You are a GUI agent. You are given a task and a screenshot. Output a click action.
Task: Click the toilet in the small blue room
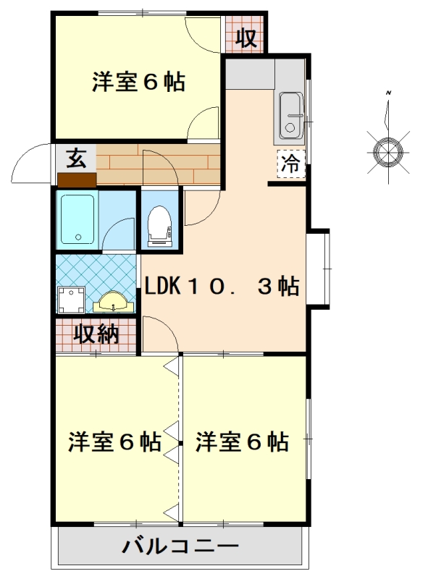(x=159, y=226)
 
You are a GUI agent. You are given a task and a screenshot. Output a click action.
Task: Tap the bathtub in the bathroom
(x=77, y=219)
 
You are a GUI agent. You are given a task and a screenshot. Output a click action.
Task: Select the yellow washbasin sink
(x=113, y=303)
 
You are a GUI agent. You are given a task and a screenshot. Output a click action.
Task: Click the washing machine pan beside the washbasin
(x=71, y=300)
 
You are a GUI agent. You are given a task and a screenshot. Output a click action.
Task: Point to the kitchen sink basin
(x=292, y=115)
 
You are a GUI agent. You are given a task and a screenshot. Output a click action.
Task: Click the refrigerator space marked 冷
(x=291, y=164)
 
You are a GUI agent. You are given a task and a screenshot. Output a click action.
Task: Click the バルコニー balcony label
(x=181, y=546)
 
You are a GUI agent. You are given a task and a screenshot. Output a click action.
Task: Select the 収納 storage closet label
(x=96, y=334)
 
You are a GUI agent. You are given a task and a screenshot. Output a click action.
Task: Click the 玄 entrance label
(x=76, y=159)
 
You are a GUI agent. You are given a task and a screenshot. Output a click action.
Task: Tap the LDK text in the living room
(x=162, y=285)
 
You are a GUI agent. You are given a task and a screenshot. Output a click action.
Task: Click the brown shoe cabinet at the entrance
(x=77, y=179)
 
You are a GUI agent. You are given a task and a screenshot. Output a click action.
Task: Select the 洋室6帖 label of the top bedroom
(x=138, y=82)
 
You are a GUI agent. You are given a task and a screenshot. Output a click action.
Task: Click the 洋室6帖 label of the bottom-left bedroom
(x=114, y=441)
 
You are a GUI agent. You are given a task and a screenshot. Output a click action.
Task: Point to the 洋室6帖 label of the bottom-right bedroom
(x=242, y=441)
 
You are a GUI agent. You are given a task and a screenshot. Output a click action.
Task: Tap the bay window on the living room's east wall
(x=319, y=269)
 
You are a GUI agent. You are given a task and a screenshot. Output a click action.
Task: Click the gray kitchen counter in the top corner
(x=251, y=74)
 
